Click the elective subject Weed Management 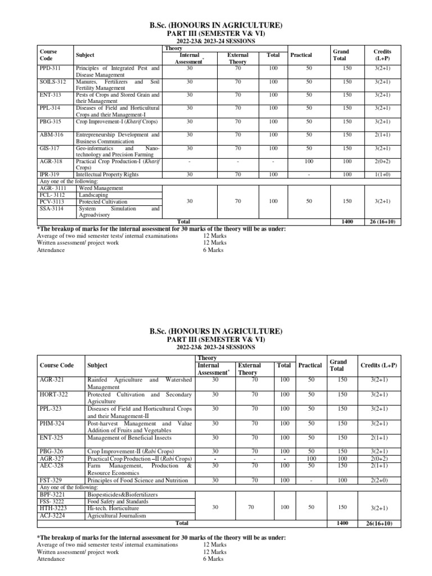click(101, 188)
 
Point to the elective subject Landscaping click(94, 195)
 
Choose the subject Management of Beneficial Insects click(129, 438)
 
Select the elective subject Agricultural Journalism click(116, 515)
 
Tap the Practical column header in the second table click(310, 366)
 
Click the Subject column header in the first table click(85, 55)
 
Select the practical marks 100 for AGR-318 click(309, 161)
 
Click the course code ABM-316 click(52, 135)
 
